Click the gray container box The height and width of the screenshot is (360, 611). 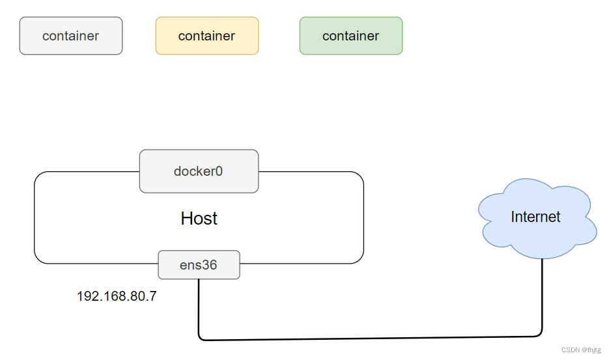pos(71,36)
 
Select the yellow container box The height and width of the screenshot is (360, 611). pos(207,36)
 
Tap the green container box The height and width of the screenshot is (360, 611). pos(351,36)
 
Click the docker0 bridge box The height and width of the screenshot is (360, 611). pos(199,171)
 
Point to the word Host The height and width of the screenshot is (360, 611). pos(199,219)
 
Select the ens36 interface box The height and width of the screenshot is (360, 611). pos(199,265)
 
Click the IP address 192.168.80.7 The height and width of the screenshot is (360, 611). pos(117,297)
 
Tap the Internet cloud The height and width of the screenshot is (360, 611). pos(535,217)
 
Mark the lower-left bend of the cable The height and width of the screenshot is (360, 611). pos(201,338)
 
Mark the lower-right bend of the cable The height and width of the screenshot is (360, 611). pos(540,335)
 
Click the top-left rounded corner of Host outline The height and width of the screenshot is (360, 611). pos(38,176)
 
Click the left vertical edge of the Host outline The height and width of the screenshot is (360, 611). pos(35,218)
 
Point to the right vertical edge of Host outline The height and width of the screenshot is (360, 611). pos(363,218)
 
